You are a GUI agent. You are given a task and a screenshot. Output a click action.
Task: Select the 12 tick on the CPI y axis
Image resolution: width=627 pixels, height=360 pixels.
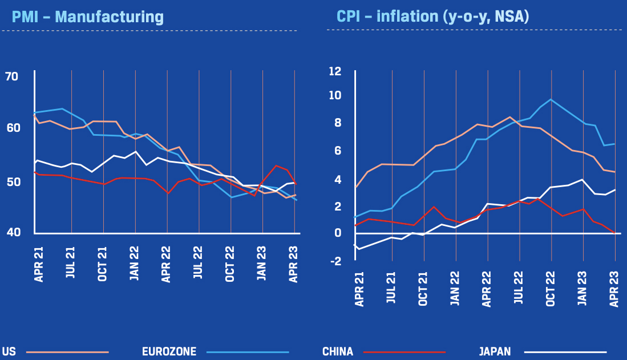[x=334, y=71]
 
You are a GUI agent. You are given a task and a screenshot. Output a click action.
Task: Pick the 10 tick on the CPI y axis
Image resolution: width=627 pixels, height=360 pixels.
[x=334, y=95]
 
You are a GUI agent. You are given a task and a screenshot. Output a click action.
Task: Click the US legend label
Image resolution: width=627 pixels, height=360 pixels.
[x=9, y=351]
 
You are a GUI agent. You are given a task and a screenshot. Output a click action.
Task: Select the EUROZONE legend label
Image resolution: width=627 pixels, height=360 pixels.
[x=169, y=351]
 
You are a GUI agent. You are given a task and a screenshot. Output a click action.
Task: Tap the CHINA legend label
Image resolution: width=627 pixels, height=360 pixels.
[x=337, y=351]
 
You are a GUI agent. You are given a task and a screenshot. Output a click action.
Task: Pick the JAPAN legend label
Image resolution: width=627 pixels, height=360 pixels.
[x=494, y=351]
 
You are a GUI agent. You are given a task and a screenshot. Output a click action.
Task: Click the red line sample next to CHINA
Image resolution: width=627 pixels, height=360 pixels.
[x=404, y=351]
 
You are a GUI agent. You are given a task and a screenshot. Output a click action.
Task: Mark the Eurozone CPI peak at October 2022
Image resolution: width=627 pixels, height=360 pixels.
[x=551, y=99]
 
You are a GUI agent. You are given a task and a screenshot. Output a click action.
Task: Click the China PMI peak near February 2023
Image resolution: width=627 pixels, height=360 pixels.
[x=276, y=166]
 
